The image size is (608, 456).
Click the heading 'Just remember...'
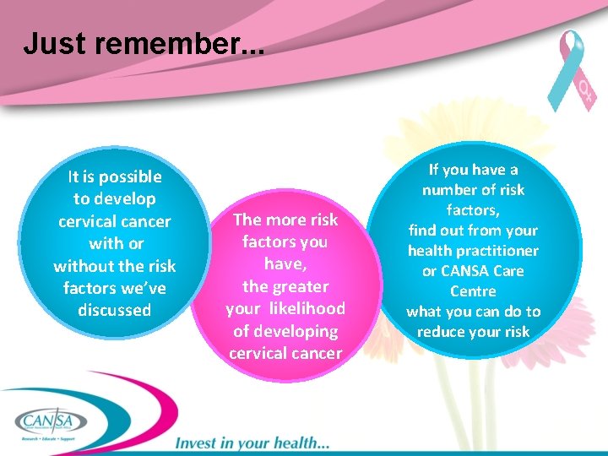tap(144, 44)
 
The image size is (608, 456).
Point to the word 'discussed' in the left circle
tap(114, 310)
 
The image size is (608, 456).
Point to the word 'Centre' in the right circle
tap(473, 291)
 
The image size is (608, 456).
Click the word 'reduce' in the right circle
tap(442, 332)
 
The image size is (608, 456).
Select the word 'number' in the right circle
tap(453, 190)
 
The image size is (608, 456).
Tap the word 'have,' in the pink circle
tap(285, 264)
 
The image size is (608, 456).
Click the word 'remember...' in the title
tap(185, 44)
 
